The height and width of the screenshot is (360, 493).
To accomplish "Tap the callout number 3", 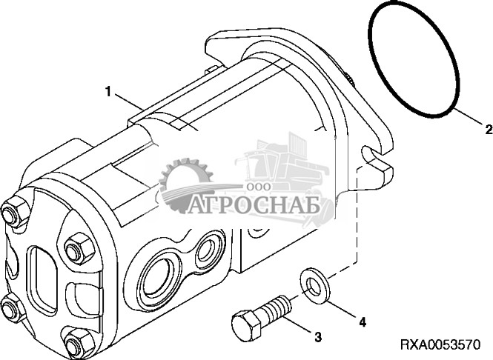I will pyautogui.click(x=318, y=338).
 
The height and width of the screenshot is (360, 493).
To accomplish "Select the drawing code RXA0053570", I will pyautogui.click(x=440, y=345).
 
